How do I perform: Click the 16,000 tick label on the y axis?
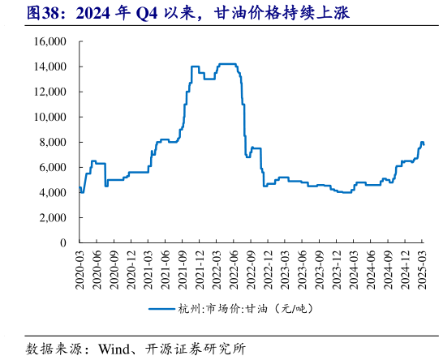(x=49, y=41)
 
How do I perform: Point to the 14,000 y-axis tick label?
(x=49, y=66)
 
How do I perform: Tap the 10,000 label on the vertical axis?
(x=49, y=117)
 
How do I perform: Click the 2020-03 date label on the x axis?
(x=80, y=266)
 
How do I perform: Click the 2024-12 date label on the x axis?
(x=405, y=266)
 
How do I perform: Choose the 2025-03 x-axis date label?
(x=422, y=266)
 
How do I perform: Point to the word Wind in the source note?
(x=113, y=349)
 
